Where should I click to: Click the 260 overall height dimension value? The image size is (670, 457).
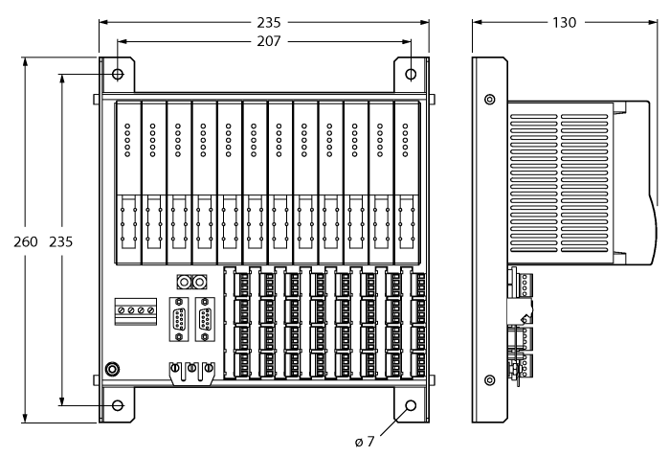(x=26, y=241)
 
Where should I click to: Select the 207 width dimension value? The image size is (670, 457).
(x=263, y=42)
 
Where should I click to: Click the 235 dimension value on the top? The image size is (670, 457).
(x=263, y=21)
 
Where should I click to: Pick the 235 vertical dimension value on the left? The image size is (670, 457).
(x=62, y=241)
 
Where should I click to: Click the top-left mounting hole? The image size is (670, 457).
(x=118, y=75)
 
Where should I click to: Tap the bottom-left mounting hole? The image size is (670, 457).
(x=118, y=406)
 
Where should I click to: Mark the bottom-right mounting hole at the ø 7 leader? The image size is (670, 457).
(x=412, y=406)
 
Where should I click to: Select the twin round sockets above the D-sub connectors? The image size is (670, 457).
(x=193, y=283)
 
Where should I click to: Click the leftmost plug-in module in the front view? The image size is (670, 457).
(x=127, y=182)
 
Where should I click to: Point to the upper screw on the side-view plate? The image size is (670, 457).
(x=490, y=101)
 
